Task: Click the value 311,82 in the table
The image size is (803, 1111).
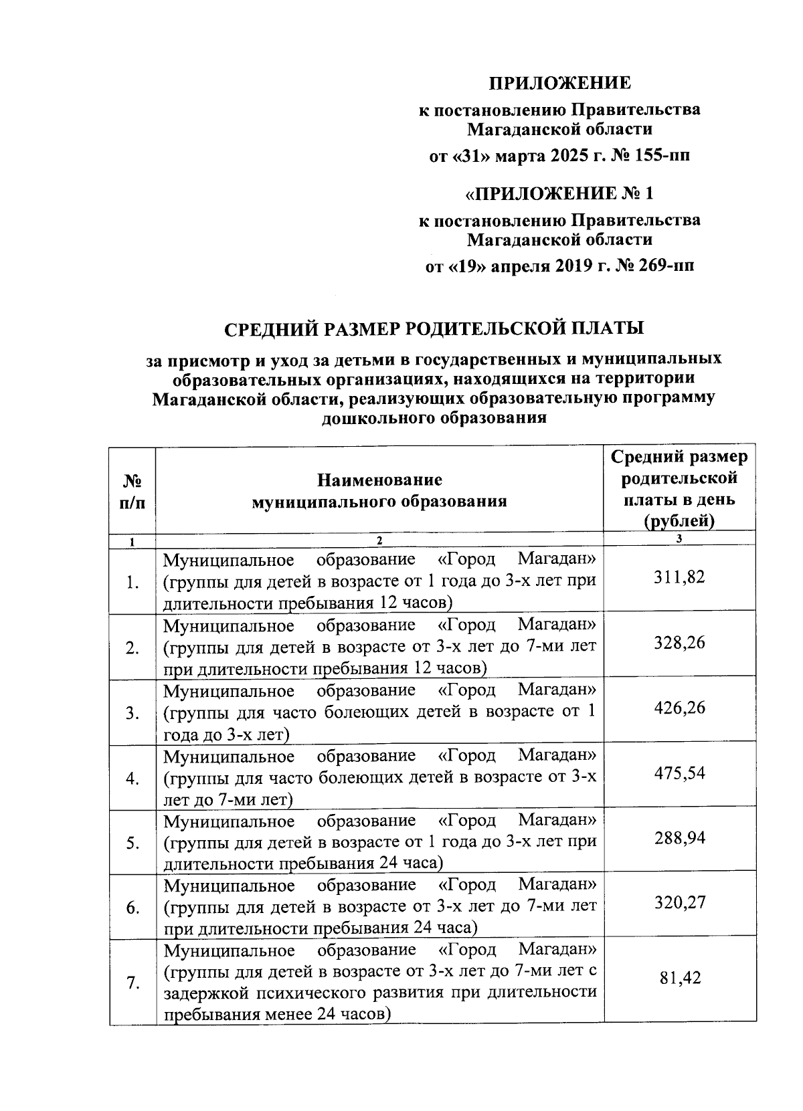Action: pos(679,577)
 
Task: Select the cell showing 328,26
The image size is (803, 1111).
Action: pos(679,643)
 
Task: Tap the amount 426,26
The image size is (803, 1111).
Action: pos(679,708)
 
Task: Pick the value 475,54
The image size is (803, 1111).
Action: pos(679,773)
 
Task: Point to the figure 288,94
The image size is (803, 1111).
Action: pos(679,838)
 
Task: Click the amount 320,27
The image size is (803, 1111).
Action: pos(679,903)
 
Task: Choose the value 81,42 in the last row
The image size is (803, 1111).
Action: pos(679,978)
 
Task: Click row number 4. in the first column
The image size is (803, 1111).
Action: pos(132,779)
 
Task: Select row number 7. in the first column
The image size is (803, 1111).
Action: pos(132,983)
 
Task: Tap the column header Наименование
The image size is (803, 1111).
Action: pos(379,480)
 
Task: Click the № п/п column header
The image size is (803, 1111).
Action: pos(132,490)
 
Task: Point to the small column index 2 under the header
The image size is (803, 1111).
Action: pos(379,540)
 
